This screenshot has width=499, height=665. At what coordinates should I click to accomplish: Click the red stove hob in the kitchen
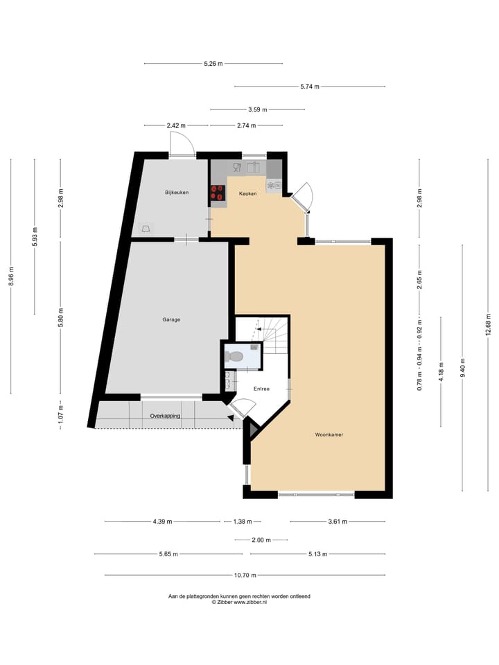218,193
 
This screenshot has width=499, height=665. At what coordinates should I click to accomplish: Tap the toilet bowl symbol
234,357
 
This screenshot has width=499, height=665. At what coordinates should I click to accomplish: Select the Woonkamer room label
329,435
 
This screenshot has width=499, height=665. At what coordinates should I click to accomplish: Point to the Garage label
171,319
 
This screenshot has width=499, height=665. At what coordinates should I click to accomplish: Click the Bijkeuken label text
176,192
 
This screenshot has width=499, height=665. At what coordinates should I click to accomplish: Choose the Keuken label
247,193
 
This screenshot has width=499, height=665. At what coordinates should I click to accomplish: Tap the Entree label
261,389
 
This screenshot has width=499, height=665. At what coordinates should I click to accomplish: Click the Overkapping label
165,416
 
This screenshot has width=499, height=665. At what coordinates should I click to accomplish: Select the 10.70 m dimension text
245,575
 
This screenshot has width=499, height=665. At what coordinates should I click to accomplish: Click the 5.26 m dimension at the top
213,64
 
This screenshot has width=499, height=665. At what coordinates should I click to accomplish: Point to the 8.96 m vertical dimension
11,276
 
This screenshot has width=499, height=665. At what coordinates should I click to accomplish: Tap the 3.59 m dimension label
258,109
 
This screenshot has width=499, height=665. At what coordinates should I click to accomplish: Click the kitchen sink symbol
253,167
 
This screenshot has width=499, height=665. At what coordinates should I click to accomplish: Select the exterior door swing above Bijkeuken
183,143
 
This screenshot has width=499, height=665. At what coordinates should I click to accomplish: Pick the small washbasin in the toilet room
254,346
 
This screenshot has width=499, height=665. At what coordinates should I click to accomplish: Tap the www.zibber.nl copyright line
239,603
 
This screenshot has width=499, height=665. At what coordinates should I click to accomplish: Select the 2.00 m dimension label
261,540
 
